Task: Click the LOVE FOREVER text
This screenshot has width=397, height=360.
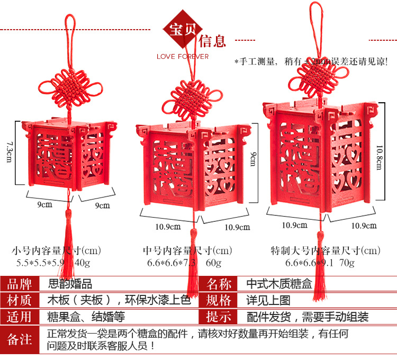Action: coord(183,56)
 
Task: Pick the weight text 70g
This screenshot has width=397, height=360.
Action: coord(346,262)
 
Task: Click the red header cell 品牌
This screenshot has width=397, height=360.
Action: coord(20,284)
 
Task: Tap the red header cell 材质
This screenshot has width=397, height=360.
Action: coord(20,300)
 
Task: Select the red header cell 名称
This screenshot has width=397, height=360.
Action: coord(219,284)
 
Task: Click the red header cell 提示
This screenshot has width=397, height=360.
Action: coord(219,317)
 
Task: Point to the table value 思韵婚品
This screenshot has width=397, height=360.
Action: coord(70,284)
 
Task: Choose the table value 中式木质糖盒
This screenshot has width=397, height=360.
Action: coord(274,284)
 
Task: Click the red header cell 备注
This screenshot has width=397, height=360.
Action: coord(20,339)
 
